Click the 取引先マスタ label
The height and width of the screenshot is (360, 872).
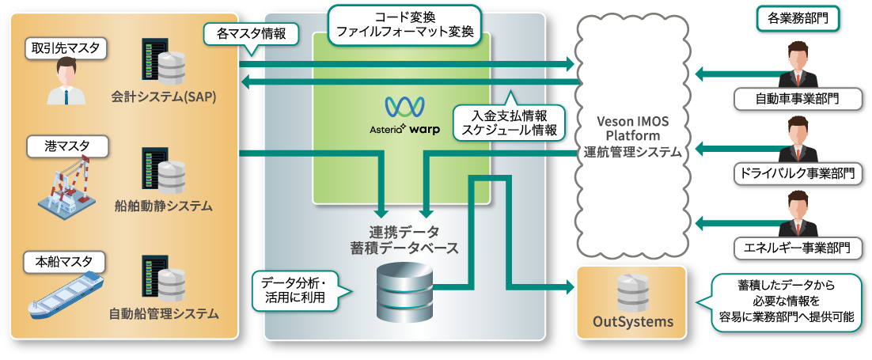[66, 48]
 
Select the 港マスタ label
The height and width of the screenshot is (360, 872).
[58, 146]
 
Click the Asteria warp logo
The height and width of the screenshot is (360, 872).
[404, 115]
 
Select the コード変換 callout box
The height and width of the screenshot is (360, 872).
[404, 24]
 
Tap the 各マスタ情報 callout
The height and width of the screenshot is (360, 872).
[251, 34]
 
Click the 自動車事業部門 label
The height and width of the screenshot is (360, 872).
[798, 99]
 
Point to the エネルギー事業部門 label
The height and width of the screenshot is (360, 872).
[798, 247]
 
